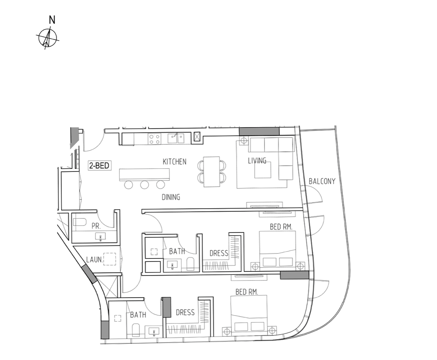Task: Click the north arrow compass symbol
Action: pos(48,38)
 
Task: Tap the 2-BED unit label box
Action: pos(100,165)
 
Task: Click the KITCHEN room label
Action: pos(175,162)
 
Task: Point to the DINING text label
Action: pos(171,197)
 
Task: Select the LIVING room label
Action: pos(257,161)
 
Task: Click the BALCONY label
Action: pos(322,181)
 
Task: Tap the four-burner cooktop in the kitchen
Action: pos(155,139)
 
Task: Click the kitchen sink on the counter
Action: pos(175,139)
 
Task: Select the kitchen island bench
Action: pos(144,175)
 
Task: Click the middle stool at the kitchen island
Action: pos(144,184)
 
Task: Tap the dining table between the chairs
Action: pos(211,172)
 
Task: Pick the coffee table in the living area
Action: pos(262,170)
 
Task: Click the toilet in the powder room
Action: pos(80,222)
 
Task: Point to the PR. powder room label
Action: pos(96,226)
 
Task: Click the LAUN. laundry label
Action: pos(94,260)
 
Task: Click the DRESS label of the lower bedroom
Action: pos(185,312)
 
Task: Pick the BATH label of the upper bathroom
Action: pos(177,251)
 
